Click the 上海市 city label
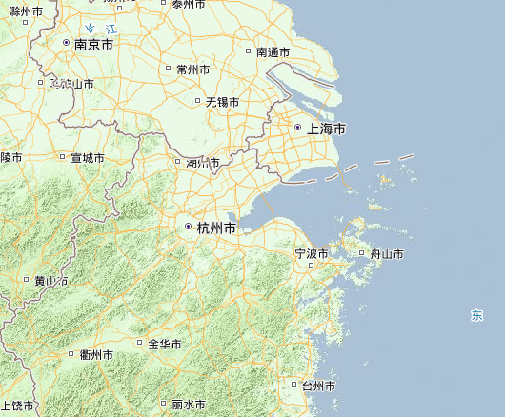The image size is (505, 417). tap(326, 128)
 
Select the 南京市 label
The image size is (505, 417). tap(93, 45)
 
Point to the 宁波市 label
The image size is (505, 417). tap(311, 254)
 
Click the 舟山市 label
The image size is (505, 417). tap(386, 254)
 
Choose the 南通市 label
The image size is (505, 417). tap(273, 52)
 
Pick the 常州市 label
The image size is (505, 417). tap(192, 69)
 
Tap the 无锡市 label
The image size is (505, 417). tap(222, 101)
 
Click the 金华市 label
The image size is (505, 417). tap(165, 344)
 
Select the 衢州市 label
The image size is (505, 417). tap(96, 355)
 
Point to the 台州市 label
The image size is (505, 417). tap(317, 386)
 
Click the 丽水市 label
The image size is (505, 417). tap(190, 405)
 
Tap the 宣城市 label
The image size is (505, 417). tap(87, 158)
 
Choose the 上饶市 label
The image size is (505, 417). tap(17, 407)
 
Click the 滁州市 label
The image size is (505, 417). tap(26, 10)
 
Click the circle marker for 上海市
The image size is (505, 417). tap(297, 128)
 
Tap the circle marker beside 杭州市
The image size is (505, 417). tap(188, 228)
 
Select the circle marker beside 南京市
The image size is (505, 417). tap(66, 44)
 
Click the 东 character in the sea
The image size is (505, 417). tap(476, 315)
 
